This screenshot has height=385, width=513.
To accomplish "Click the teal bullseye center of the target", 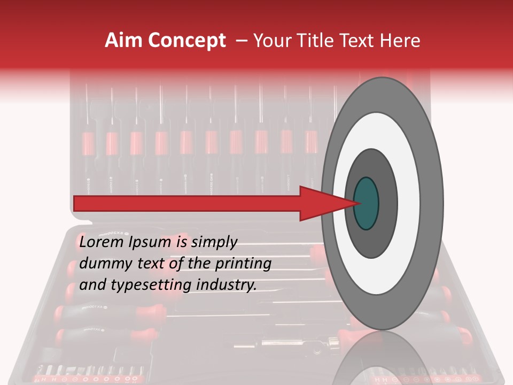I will [366, 203].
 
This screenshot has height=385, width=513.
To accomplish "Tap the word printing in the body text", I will [244, 264].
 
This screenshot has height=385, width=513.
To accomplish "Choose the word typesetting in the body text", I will [145, 285].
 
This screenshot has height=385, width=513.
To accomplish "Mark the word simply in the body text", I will [214, 243].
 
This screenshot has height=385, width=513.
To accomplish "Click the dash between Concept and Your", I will [242, 41].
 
